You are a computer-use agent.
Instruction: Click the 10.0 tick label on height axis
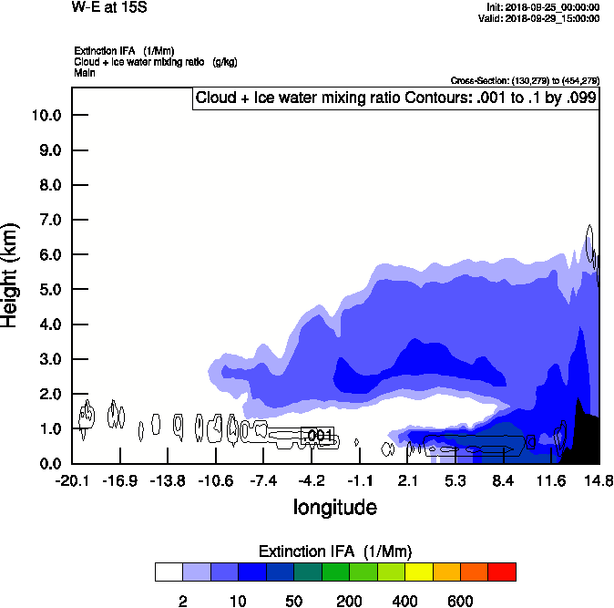click(46, 115)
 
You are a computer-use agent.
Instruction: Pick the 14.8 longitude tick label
click(598, 480)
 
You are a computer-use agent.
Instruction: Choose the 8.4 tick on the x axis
click(503, 480)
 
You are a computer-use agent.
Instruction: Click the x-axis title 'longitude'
click(334, 507)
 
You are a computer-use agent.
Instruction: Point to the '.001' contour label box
click(318, 437)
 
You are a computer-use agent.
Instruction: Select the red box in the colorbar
click(502, 572)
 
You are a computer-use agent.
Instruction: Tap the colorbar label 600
click(460, 601)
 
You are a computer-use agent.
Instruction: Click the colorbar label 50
click(293, 601)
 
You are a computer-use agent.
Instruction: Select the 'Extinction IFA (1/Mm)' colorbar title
click(335, 551)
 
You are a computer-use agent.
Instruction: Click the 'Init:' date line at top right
click(543, 7)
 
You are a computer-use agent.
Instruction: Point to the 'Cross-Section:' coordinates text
click(525, 80)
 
